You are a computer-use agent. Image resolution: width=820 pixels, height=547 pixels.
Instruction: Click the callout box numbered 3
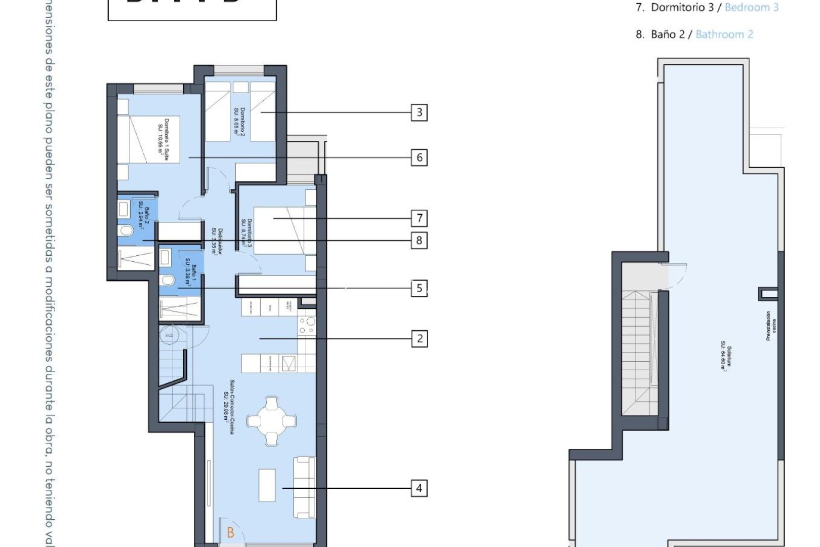419,112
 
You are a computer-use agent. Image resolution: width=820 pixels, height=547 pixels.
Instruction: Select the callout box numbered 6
419,158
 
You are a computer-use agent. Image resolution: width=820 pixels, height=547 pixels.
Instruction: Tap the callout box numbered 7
419,218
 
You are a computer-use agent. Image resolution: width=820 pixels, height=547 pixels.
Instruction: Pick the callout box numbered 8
419,240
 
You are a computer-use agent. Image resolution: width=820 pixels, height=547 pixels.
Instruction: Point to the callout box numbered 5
419,288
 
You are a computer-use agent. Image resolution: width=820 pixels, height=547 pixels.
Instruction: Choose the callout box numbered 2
419,338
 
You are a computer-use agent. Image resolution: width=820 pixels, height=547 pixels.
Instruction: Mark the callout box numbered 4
419,488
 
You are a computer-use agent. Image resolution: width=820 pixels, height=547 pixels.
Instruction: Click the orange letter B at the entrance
231,533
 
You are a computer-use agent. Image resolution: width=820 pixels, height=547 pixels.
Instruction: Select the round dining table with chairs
272,421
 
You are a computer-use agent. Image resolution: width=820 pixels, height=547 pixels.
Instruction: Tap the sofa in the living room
305,487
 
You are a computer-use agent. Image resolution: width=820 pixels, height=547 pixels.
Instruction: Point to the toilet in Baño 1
168,280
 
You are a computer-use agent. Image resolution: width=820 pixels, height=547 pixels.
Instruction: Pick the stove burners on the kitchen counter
307,326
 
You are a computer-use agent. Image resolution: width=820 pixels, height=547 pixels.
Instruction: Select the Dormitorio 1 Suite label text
163,140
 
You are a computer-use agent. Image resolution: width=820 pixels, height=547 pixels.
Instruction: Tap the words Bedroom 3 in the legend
752,7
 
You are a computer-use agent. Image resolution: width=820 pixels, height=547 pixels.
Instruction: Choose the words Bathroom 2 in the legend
724,34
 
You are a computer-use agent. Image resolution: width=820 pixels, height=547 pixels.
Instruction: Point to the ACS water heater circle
169,335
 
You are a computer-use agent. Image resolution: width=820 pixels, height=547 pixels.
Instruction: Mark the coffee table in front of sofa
267,485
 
